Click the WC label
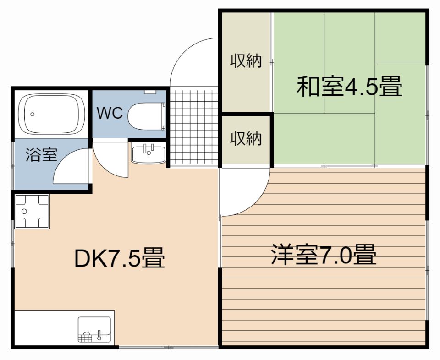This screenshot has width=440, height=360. coord(110,113)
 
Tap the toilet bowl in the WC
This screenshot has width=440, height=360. coord(145,116)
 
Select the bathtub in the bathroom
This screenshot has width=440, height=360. coord(51,114)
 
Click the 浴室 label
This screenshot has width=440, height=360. coord(42,154)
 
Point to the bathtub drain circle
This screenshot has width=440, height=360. coord(33,114)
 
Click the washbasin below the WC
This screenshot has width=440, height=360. coord(148,153)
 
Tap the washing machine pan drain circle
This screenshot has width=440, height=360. coord(24,211)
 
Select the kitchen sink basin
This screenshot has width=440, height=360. coord(94,329)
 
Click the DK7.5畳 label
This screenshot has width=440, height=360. coord(120,257)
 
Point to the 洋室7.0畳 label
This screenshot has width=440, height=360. coord(324,255)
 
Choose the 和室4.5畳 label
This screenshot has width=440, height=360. coord(349,87)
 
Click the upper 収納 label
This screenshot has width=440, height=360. coord(246,60)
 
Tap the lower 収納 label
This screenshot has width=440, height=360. coord(246,138)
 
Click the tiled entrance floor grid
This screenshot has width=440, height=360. coord(194,128)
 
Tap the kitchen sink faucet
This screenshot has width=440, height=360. coord(99,335)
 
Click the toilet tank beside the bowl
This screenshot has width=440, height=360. coord(163,116)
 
